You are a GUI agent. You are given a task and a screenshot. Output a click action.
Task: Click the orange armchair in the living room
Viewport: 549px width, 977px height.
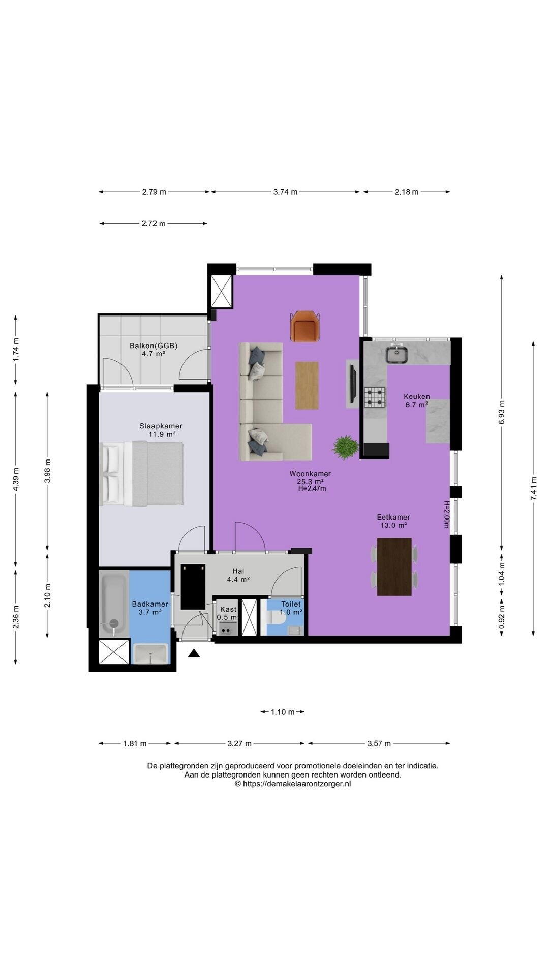[305, 326]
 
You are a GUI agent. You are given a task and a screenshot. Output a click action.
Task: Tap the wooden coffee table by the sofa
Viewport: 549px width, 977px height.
[307, 385]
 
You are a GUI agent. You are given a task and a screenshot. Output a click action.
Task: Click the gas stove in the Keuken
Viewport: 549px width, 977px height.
[375, 398]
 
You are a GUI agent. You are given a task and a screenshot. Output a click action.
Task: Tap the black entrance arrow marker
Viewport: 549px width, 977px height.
[194, 653]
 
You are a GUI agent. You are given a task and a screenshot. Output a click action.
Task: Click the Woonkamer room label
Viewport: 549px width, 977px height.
[310, 474]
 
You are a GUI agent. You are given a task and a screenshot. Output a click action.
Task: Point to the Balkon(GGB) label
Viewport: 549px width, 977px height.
[154, 346]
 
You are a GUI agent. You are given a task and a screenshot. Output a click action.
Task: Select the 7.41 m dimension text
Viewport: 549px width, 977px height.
[534, 489]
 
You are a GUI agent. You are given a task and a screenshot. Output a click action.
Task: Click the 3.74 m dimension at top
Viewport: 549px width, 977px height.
[285, 192]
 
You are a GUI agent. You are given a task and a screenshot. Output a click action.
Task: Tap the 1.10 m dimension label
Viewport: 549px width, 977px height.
[283, 712]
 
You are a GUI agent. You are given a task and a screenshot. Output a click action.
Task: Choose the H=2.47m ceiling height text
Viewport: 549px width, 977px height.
[312, 489]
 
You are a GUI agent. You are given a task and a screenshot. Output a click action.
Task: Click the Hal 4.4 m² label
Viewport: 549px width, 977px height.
[238, 575]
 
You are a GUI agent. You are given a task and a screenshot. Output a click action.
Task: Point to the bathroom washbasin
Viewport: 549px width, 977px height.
[150, 653]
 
